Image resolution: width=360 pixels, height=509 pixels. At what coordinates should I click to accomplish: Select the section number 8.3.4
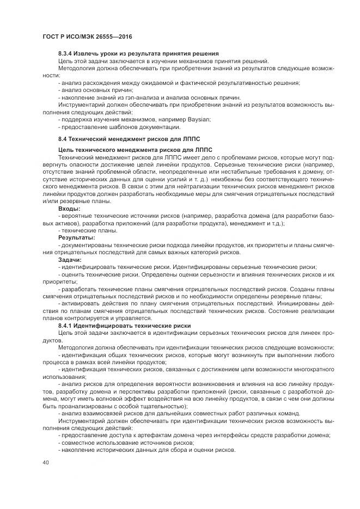(x=68, y=54)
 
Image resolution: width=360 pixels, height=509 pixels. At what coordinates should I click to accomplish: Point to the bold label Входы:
(x=69, y=208)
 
